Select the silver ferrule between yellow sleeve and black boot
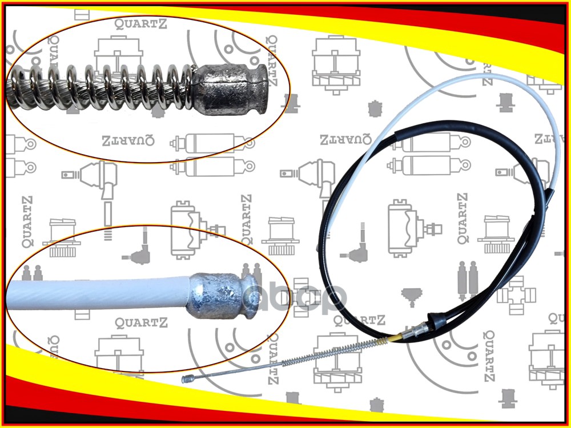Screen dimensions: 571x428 click(x=417, y=331)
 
